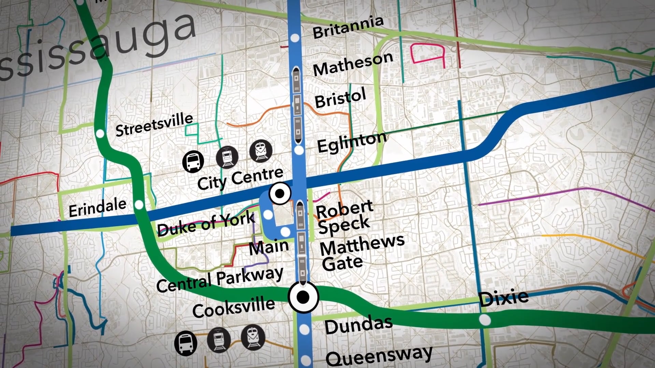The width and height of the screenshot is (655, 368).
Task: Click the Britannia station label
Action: [x=348, y=27]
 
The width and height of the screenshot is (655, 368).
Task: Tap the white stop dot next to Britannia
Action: [x=295, y=38]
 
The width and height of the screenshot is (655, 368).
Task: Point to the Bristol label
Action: [x=340, y=98]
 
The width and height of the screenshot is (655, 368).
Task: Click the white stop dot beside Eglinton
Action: [x=299, y=150]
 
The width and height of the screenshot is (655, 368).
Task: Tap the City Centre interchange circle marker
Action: [x=280, y=194]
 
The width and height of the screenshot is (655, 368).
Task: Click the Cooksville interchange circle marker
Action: [x=303, y=297]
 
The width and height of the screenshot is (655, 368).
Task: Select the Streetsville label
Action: [x=154, y=124]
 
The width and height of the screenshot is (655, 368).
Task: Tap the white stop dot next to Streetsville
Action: [x=100, y=134]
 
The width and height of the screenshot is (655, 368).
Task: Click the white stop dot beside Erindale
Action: [x=139, y=205]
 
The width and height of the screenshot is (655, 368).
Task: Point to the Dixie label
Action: [x=503, y=298]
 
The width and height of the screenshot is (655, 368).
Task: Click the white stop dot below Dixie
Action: [x=484, y=320]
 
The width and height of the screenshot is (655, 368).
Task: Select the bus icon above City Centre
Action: [x=193, y=161]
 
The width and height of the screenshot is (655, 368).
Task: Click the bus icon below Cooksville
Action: [x=186, y=343]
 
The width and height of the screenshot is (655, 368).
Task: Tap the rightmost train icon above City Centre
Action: [x=261, y=151]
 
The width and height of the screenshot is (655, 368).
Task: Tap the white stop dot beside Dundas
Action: [x=304, y=329]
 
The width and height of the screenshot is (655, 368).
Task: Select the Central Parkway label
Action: [x=220, y=279]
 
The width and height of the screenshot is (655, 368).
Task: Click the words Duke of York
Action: [x=206, y=224]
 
